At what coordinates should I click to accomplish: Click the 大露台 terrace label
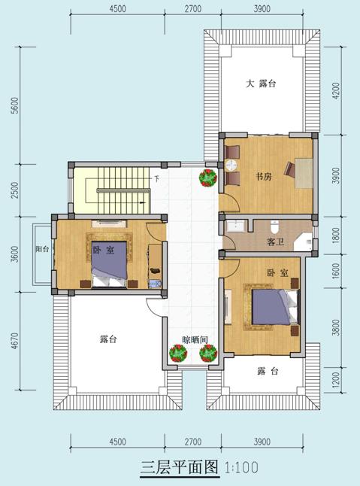[262, 84]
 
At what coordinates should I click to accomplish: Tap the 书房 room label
[263, 177]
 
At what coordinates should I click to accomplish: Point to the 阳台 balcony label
[41, 251]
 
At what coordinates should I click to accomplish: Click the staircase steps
[114, 188]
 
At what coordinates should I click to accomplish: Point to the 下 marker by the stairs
[156, 179]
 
